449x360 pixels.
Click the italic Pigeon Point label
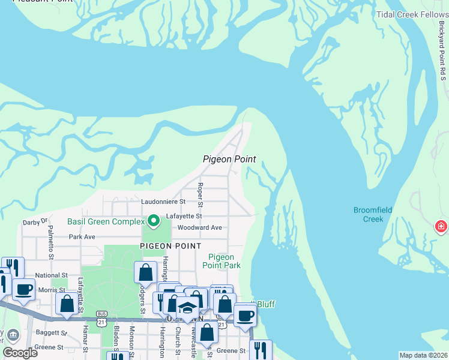(x=229, y=159)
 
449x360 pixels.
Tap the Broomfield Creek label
(x=372, y=214)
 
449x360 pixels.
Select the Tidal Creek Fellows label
(x=412, y=14)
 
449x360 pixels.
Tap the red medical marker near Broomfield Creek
(x=441, y=227)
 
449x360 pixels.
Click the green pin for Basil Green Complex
(x=154, y=221)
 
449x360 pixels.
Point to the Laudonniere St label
(x=164, y=202)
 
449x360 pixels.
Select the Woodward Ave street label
(x=199, y=228)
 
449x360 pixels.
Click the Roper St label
(x=200, y=193)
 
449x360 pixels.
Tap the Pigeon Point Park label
(x=221, y=261)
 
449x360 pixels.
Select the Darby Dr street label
(x=35, y=221)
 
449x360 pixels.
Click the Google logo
(x=20, y=353)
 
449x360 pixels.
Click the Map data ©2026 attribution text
(x=423, y=355)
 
